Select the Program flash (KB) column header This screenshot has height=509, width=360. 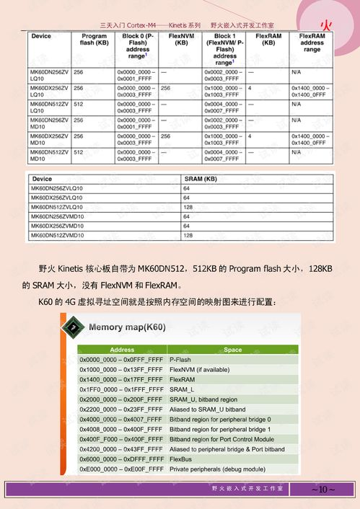tap(95, 40)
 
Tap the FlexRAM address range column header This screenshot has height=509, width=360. tap(312, 43)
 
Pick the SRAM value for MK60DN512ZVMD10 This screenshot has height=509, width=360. tap(187, 235)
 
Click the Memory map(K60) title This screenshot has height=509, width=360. tap(127, 327)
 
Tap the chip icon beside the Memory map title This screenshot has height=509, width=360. tap(73, 328)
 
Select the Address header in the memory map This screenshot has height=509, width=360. tap(122, 350)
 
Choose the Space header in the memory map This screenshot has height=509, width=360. tap(232, 350)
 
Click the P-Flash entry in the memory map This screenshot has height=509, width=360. tap(180, 359)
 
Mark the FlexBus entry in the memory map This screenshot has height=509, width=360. tap(181, 459)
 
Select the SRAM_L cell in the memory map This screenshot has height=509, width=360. tap(182, 389)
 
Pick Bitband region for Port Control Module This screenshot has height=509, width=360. tap(221, 439)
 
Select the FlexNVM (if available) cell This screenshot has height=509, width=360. tap(204, 369)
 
